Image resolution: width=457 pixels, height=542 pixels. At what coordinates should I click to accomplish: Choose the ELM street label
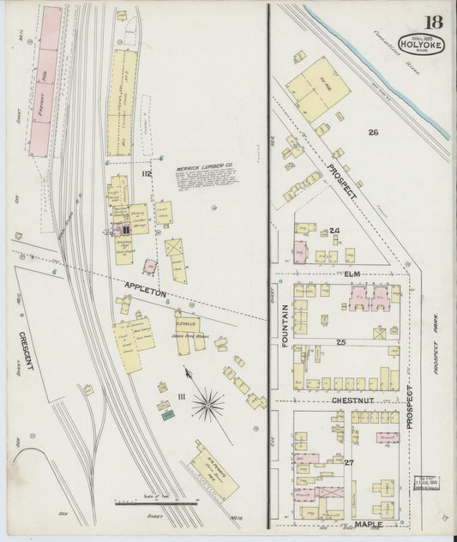352,274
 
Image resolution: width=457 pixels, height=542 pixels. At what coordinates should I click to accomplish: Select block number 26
372,132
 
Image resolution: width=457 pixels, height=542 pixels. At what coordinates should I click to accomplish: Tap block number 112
147,175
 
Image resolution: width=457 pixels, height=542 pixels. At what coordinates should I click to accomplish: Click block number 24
334,230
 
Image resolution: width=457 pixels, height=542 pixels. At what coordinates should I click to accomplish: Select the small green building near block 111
168,415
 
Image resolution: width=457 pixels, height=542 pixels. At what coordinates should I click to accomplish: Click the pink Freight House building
46,81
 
